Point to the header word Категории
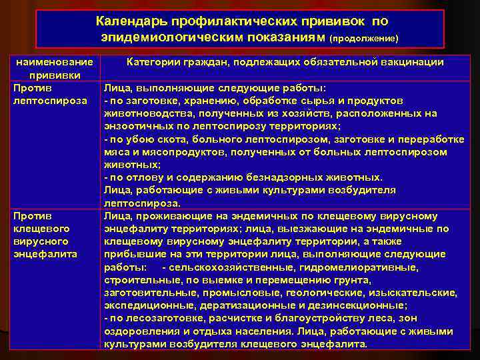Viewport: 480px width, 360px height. point(155,62)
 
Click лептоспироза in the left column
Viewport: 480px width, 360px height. point(50,100)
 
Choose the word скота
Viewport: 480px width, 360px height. point(164,139)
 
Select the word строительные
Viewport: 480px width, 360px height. point(136,280)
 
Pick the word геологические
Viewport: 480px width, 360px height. point(320,293)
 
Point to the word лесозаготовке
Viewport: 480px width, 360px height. point(153,318)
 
